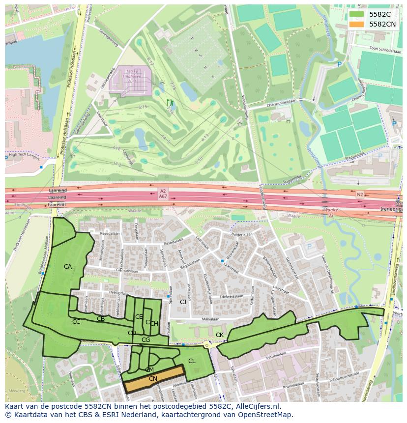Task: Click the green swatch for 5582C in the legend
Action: [x=357, y=14]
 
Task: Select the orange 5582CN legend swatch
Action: [x=357, y=24]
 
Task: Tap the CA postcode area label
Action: [x=68, y=267]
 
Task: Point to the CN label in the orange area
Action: [x=153, y=379]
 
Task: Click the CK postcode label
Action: [x=220, y=335]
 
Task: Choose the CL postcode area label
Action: [x=192, y=361]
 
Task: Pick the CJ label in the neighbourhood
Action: [x=183, y=302]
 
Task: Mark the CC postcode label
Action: [x=76, y=322]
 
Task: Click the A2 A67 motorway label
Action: [x=163, y=194]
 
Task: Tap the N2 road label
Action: [x=360, y=195]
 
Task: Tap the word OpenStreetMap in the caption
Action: [x=268, y=415]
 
